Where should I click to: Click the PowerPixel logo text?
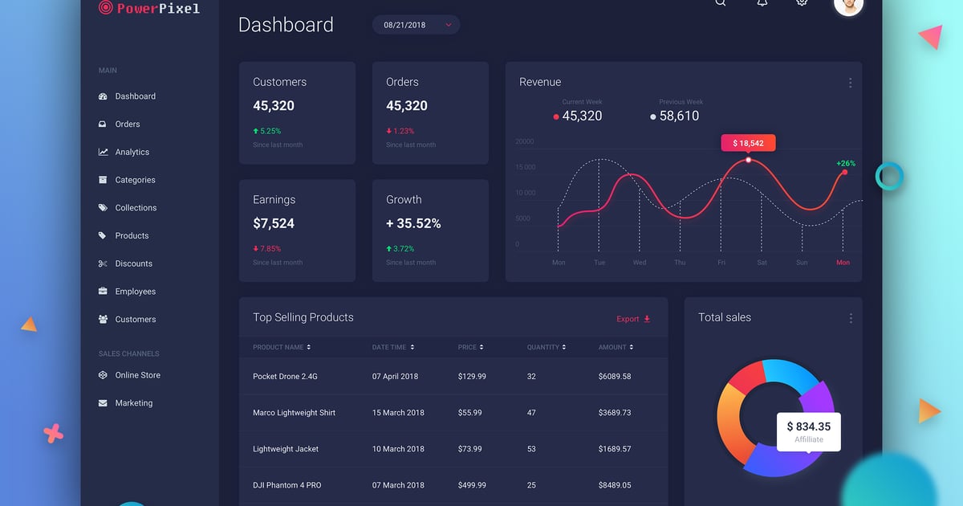click(157, 9)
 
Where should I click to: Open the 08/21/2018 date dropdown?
click(416, 25)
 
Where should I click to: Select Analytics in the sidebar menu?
click(132, 152)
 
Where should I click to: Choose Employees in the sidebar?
click(135, 292)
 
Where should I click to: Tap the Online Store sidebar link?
click(137, 375)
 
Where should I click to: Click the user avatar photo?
click(848, 4)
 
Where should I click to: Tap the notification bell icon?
click(762, 2)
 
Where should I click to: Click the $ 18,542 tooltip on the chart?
click(748, 143)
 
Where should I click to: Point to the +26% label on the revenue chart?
click(846, 163)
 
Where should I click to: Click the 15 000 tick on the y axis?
click(525, 167)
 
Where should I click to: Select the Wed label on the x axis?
click(640, 263)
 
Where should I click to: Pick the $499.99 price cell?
click(472, 485)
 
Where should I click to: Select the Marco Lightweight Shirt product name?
click(294, 413)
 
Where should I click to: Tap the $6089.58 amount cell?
click(615, 376)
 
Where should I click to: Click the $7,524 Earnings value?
click(274, 223)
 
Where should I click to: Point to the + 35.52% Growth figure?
click(413, 223)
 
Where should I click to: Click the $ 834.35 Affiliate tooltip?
click(808, 431)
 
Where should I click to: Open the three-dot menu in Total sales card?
click(851, 319)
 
